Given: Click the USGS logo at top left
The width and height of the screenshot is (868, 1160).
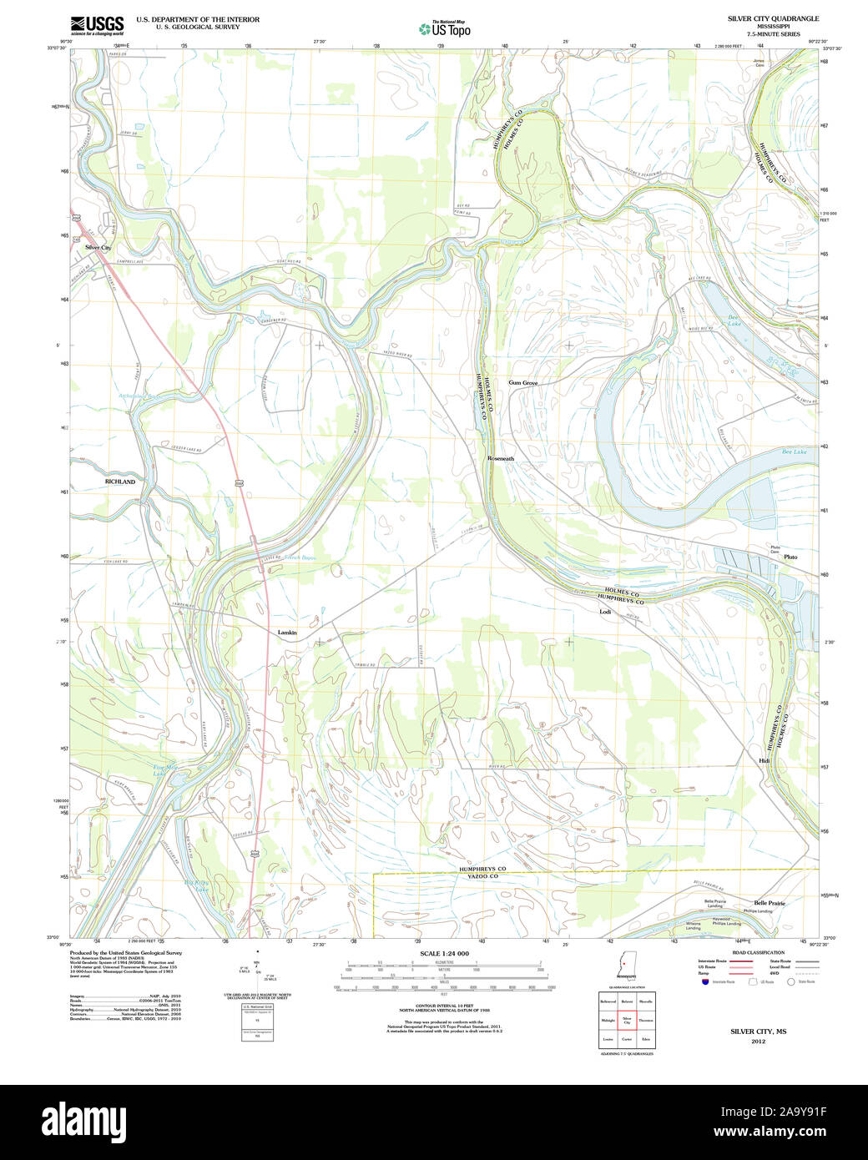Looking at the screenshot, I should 97,24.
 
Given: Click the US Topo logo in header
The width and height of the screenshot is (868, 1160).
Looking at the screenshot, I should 445,28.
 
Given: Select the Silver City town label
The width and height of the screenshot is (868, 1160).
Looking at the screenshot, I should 98,248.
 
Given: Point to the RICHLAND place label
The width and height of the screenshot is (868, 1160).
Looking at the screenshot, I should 119,482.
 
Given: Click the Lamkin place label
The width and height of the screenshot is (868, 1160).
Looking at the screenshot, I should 287,633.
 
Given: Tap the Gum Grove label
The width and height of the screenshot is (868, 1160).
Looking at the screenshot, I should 523,383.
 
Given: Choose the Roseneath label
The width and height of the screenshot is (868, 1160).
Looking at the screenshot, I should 501,459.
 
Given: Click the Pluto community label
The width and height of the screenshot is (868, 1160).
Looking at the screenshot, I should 790,557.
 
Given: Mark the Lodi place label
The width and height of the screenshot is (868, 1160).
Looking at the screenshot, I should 605,612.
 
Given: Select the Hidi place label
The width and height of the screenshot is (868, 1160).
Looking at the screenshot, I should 764,761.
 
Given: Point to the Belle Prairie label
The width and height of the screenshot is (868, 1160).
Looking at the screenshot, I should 770,903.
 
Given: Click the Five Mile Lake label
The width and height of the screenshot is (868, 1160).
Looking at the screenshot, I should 159,770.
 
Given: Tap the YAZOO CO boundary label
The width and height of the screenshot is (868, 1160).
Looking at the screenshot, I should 482,876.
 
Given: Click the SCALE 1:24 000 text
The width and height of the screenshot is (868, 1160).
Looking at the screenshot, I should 444,953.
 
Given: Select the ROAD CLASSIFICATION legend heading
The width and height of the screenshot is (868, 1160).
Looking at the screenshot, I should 757,952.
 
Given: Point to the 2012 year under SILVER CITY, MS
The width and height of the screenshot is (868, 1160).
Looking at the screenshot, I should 758,1041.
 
